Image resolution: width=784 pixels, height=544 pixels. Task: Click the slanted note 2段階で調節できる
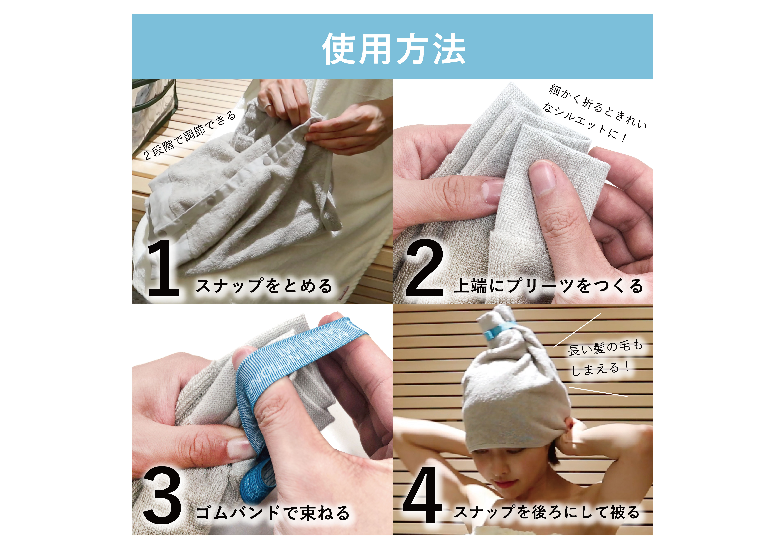[x=189, y=135]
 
